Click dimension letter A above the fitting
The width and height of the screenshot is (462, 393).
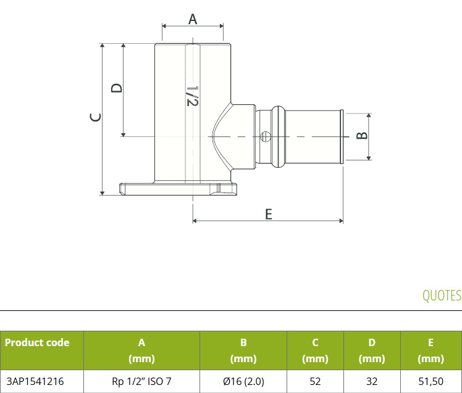[193, 19]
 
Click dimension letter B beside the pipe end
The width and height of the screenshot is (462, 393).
[362, 135]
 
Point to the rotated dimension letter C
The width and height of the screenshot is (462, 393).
[96, 117]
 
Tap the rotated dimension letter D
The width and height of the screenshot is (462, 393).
[116, 88]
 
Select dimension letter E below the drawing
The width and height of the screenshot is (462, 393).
[269, 214]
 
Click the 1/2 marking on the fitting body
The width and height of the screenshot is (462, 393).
[193, 96]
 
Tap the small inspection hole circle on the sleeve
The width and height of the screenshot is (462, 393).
[266, 136]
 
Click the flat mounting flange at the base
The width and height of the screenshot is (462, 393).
[178, 189]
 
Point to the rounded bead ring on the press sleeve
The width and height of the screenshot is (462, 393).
[278, 136]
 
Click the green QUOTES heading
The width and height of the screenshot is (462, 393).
[442, 296]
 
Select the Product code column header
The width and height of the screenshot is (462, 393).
[37, 342]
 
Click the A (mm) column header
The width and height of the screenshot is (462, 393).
[141, 350]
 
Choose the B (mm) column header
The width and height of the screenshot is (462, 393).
[243, 350]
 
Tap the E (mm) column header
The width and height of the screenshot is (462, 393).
[430, 350]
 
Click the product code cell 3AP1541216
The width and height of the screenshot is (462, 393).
[35, 381]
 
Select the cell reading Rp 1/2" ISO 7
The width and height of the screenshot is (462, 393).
[141, 381]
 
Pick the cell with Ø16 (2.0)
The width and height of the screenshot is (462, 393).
[243, 381]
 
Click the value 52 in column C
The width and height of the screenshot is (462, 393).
[315, 381]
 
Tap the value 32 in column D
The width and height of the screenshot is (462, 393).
[372, 381]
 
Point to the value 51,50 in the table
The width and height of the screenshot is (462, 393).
[430, 381]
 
